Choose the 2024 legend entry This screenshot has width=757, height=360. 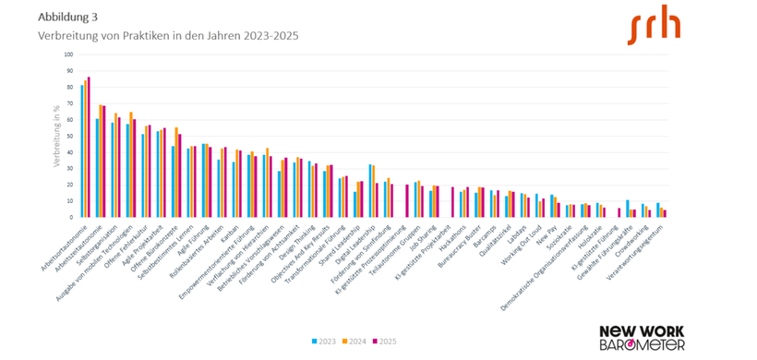pyautogui.click(x=356, y=342)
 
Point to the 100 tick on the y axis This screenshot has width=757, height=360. pyautogui.click(x=66, y=54)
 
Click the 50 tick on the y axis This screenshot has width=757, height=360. pyautogui.click(x=68, y=136)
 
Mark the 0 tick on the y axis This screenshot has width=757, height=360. pyautogui.click(x=70, y=217)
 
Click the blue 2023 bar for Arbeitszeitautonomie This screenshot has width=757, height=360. pyautogui.click(x=97, y=168)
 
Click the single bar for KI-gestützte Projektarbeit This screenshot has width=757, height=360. pyautogui.click(x=452, y=202)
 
